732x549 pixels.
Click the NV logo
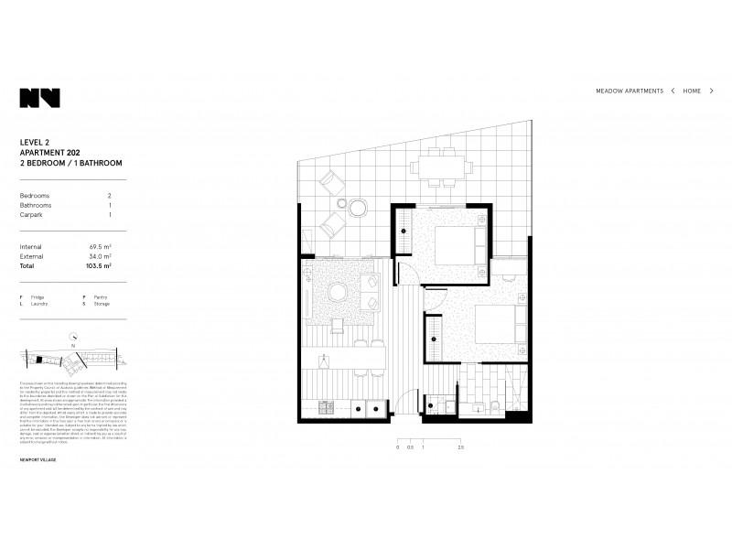(39, 98)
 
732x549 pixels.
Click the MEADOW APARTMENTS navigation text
(630, 91)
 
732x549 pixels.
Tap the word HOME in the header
(692, 91)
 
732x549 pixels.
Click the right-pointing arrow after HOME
(711, 91)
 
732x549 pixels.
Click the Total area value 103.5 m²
(99, 266)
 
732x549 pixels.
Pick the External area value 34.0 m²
(101, 257)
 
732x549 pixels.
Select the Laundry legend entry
(38, 304)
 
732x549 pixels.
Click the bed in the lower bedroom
(497, 325)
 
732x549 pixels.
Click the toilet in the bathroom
(493, 406)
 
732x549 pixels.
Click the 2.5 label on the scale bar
(460, 447)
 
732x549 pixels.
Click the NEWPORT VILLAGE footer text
(38, 459)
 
